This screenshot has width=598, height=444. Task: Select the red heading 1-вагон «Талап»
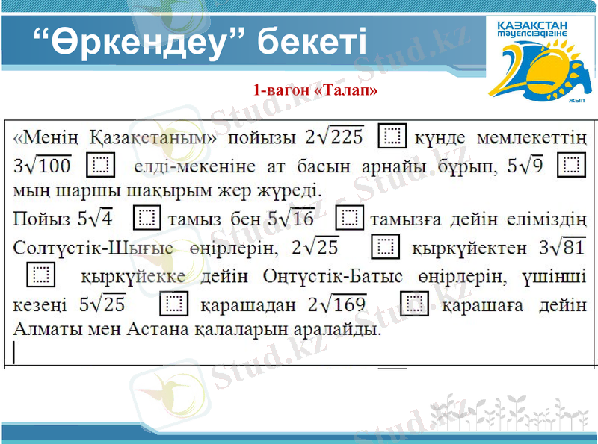(x=315, y=90)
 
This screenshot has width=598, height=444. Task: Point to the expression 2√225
(x=334, y=136)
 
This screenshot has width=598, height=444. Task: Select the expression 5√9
(x=525, y=163)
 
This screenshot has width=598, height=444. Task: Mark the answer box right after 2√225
(x=393, y=136)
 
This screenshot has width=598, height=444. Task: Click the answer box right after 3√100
(x=101, y=163)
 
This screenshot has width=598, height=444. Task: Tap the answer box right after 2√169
(x=413, y=303)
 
